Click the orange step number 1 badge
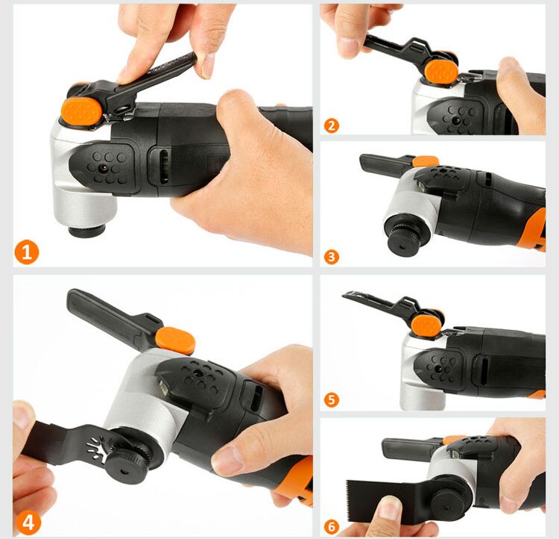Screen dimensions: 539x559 coord(26,253)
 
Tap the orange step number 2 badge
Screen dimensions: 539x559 coord(332,124)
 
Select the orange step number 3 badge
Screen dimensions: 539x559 coord(332,257)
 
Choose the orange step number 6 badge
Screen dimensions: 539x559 coord(332,527)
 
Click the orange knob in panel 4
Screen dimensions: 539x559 coord(175,340)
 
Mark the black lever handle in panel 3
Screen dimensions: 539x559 coord(384,163)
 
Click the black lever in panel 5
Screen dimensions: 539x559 coord(380,304)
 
